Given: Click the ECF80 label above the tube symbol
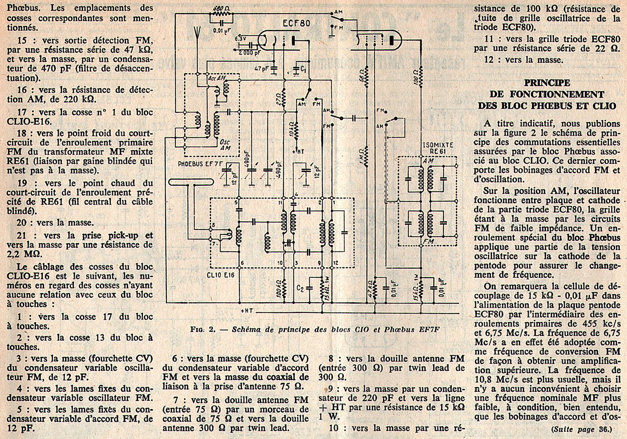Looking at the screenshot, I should [x=296, y=24].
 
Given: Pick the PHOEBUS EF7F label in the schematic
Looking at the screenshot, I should [x=200, y=164].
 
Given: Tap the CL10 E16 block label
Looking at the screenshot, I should [x=220, y=275].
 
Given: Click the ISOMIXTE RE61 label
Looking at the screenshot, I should [x=438, y=148].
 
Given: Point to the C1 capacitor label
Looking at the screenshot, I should [x=303, y=69].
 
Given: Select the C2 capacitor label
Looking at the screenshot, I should [x=300, y=288].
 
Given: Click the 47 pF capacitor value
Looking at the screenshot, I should [x=262, y=69].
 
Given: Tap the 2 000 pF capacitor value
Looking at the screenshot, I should [x=249, y=53].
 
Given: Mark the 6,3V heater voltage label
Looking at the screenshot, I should [x=240, y=39].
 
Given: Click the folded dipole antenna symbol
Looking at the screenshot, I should [x=191, y=182].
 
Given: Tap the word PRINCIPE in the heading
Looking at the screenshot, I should [x=547, y=83].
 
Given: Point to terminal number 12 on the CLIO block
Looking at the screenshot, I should [x=336, y=263].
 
